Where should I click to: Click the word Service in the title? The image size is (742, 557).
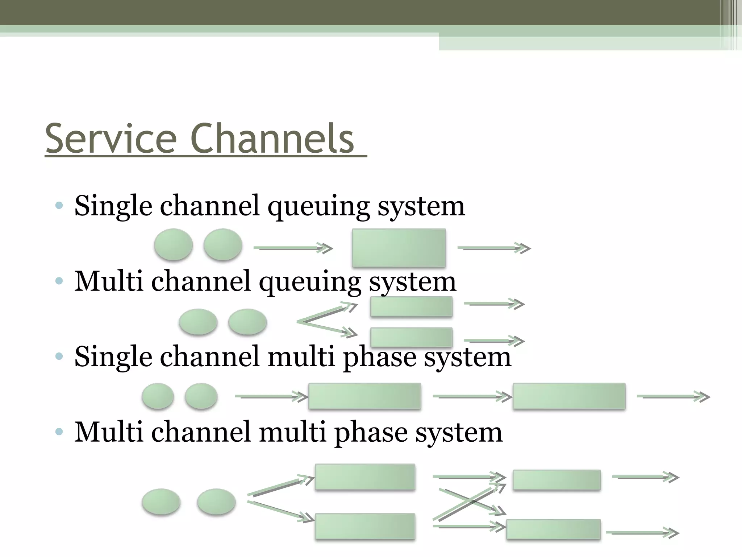[111, 139]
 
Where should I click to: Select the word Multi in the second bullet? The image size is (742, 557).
[108, 281]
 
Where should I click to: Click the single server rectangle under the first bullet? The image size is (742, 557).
[399, 248]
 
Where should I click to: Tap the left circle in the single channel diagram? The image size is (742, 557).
[173, 244]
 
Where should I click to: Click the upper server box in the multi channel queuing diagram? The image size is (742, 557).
[411, 306]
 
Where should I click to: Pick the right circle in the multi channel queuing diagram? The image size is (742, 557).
[247, 322]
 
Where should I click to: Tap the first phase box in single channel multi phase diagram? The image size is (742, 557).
[364, 396]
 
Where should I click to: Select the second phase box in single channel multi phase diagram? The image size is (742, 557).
[569, 396]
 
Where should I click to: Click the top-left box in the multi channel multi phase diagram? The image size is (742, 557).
[365, 477]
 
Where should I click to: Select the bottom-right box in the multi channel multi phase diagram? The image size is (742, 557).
[553, 529]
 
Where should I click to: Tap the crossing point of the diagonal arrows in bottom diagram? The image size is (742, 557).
[470, 502]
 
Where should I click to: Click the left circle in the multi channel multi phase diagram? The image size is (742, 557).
[161, 502]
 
